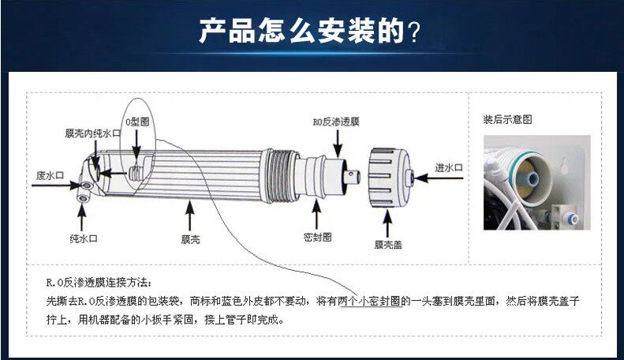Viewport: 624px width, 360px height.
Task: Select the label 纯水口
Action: pyautogui.click(x=83, y=238)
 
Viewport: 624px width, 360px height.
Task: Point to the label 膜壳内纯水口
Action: pyautogui.click(x=92, y=133)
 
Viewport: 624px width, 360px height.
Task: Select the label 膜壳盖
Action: pyautogui.click(x=387, y=246)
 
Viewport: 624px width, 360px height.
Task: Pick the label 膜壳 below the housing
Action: pyautogui.click(x=190, y=238)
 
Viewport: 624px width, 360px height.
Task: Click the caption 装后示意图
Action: pyautogui.click(x=507, y=120)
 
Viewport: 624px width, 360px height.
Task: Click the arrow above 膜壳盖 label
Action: pyautogui.click(x=387, y=223)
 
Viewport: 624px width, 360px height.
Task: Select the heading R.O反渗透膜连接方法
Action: pyautogui.click(x=95, y=282)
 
